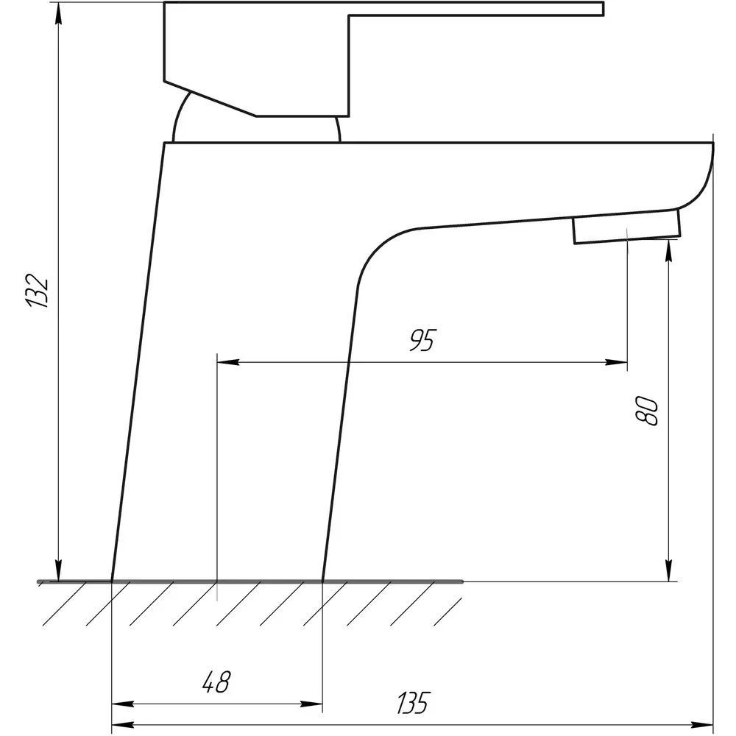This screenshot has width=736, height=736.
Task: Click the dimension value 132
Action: coord(37,290)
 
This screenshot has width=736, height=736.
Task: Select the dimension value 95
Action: coord(422,340)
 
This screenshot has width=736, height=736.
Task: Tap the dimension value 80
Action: coord(646,411)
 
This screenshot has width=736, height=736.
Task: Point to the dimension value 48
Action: coord(216,682)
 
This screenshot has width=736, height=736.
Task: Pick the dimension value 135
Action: coord(413,703)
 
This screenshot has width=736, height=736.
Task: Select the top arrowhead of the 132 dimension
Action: coord(58,15)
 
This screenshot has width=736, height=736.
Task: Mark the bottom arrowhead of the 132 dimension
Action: coord(58,571)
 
